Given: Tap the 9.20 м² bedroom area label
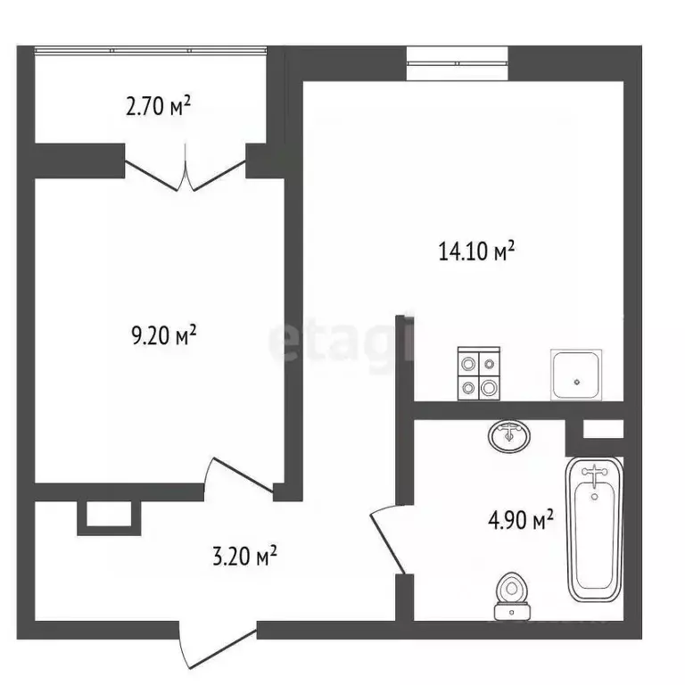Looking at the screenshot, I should tap(163, 336).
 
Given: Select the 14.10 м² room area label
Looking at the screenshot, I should tap(477, 252).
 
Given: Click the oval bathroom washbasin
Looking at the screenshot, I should tap(509, 435).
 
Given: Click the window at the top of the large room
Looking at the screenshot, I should tap(458, 62).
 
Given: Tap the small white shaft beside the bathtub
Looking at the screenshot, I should tap(603, 428).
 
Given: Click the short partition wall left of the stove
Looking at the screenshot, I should tap(404, 357).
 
